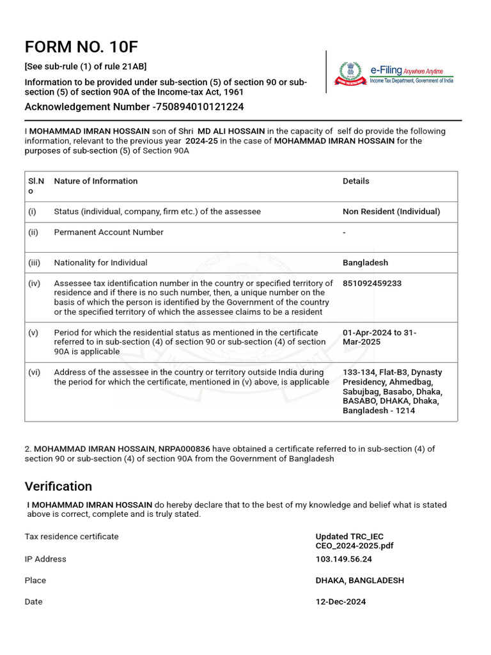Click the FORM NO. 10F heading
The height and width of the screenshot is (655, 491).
[81, 47]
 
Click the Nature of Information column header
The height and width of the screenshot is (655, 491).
[96, 181]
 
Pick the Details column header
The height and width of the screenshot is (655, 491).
[355, 181]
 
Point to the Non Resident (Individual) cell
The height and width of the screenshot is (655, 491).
[391, 211]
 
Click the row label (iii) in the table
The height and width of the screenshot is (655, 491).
[33, 262]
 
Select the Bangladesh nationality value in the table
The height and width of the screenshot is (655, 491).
[365, 262]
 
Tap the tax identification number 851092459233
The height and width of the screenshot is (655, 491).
[372, 283]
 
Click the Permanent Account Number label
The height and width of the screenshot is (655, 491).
[109, 232]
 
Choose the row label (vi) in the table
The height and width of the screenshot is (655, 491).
[34, 372]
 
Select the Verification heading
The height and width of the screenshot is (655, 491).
[58, 486]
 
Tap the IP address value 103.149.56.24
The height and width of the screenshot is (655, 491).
[343, 559]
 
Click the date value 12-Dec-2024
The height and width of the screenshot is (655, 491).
[341, 601]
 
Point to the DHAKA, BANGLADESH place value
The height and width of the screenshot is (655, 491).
[359, 580]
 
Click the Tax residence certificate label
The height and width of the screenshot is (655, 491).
[72, 537]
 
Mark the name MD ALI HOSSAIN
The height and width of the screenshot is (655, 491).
[231, 131]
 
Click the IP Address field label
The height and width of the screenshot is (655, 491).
[45, 559]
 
